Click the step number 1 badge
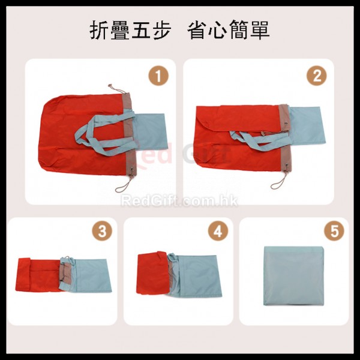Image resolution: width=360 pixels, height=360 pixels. [x=158, y=76]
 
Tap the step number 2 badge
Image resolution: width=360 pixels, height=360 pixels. [x=317, y=76]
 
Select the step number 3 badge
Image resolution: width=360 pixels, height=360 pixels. [x=102, y=231]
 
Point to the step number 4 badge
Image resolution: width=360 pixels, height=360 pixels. [x=218, y=231]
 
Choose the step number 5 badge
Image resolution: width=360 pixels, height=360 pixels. [x=334, y=231]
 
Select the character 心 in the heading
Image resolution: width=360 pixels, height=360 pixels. [x=218, y=30]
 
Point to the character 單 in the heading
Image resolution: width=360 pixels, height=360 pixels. [x=260, y=30]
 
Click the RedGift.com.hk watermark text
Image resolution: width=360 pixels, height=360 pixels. [x=179, y=201]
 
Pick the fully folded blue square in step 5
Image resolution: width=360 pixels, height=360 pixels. [x=294, y=276]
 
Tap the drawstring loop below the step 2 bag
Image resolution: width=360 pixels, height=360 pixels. [x=280, y=180]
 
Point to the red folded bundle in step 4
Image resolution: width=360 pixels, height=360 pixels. [x=152, y=273]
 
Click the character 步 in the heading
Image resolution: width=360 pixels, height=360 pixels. [x=161, y=30]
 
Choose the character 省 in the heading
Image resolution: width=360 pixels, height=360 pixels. [x=197, y=30]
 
